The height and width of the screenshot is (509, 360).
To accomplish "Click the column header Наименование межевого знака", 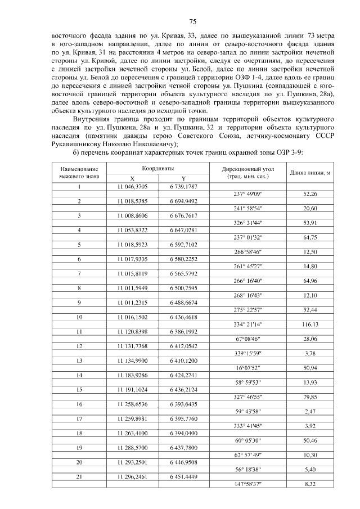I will point(79,172).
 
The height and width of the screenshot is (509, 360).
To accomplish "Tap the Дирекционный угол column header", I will point(247,172).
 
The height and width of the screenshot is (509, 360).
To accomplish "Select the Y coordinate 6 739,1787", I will point(183,186).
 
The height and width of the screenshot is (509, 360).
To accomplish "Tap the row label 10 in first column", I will point(79,317).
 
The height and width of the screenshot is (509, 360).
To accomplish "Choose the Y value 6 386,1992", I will point(183,332).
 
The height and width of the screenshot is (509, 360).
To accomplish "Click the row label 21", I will point(79,476).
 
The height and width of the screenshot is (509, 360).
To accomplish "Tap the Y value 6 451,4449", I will point(183,476).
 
